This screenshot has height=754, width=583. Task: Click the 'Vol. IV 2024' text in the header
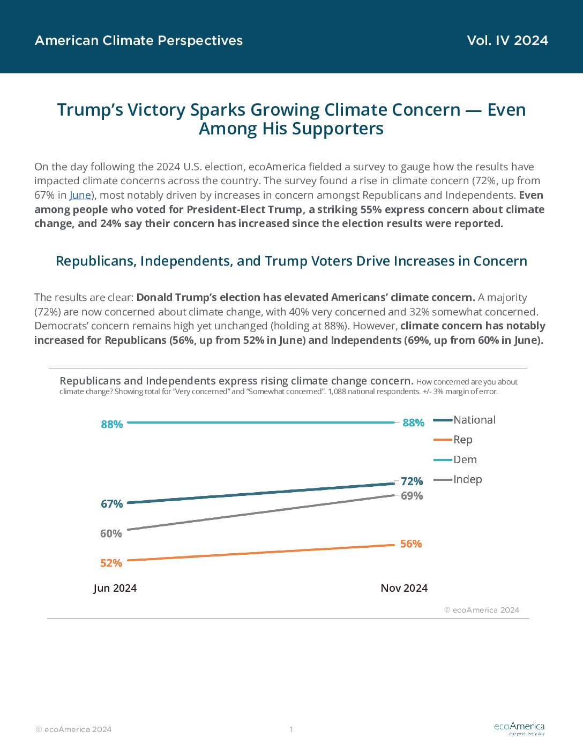[x=507, y=41]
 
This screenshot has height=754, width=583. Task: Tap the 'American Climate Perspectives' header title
[x=139, y=41]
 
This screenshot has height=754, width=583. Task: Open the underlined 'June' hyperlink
[x=80, y=195]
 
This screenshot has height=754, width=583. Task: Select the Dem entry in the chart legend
[x=455, y=460]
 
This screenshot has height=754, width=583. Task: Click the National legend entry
[x=465, y=420]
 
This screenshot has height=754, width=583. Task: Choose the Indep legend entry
[x=458, y=479]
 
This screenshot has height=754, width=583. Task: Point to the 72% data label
[x=412, y=481]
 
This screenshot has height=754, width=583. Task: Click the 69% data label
[x=412, y=496]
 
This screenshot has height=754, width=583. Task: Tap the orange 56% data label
[x=411, y=544]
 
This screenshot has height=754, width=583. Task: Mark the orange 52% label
[x=111, y=563]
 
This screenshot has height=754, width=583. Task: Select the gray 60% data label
[x=111, y=533]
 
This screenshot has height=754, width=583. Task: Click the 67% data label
[x=112, y=504]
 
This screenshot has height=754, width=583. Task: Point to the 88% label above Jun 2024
[x=112, y=424]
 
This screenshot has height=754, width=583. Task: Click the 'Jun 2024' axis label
[x=115, y=588]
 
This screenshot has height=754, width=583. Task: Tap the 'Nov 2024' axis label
[x=404, y=588]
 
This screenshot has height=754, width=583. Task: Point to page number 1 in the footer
[x=291, y=729]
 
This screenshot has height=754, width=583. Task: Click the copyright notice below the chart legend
[x=482, y=610]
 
